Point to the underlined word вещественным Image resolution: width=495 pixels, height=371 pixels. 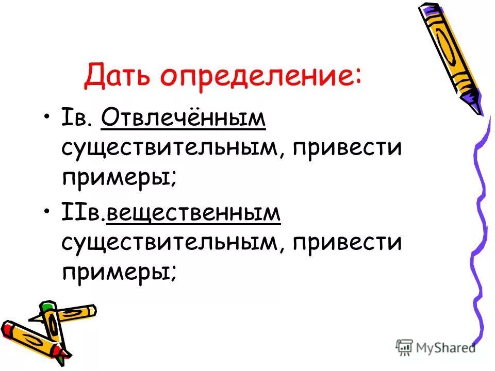pos(193,212)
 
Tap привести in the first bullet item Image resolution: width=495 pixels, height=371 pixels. pos(346,149)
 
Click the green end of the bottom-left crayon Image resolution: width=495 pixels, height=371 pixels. pos(47,308)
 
